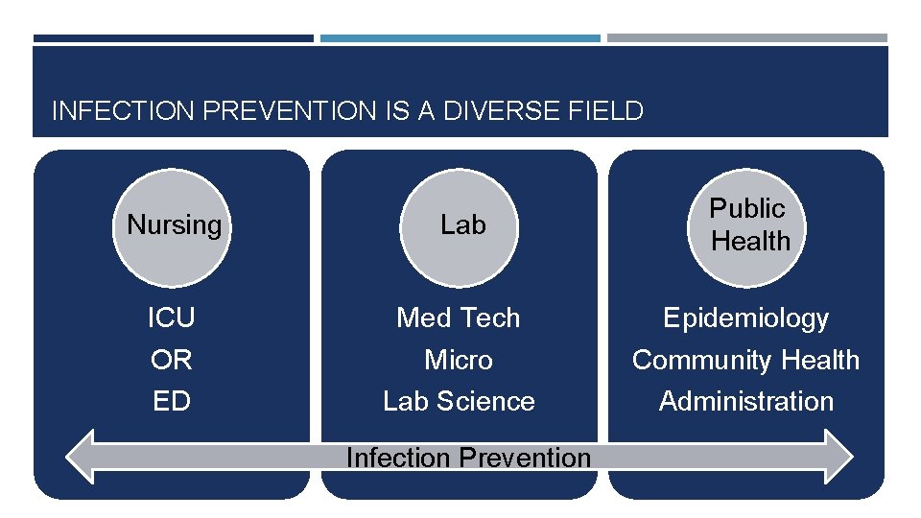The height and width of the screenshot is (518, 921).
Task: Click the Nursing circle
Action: [174, 225]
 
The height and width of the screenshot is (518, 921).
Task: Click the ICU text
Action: [172, 318]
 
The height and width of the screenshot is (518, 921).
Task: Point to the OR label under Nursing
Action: [172, 360]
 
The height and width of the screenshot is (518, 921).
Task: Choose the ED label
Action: [172, 401]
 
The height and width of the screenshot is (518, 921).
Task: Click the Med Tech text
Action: [459, 318]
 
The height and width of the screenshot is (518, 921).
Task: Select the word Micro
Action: [459, 360]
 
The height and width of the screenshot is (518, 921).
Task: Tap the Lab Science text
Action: [459, 401]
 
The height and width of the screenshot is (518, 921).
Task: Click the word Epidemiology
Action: [746, 318]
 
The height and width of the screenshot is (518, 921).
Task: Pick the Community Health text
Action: [746, 360]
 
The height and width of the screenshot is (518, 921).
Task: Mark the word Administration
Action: [746, 401]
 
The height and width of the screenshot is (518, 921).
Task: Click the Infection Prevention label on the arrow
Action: [468, 458]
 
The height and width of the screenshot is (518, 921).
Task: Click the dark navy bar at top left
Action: [173, 38]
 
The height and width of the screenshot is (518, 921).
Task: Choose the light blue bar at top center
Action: [460, 38]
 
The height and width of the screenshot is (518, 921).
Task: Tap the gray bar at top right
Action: [747, 38]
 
